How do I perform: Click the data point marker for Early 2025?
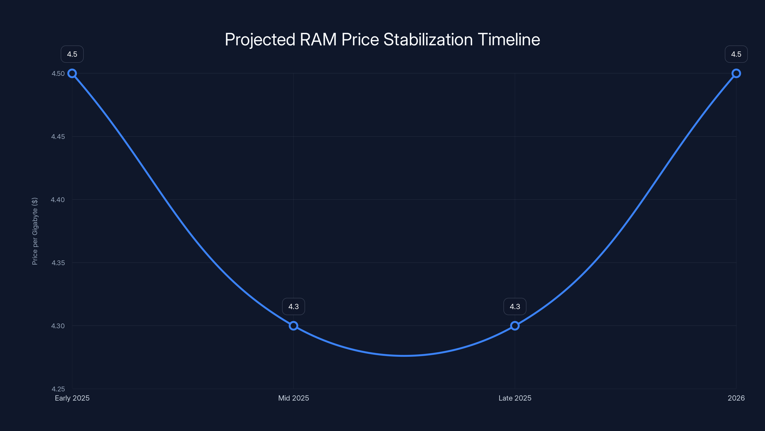72,74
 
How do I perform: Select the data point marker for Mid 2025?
293,326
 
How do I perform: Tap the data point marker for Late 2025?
515,326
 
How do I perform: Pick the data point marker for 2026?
736,74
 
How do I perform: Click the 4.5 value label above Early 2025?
72,54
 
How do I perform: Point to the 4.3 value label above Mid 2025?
293,307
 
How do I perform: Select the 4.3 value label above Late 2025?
515,307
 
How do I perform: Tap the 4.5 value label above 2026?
736,54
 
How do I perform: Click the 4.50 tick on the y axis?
58,74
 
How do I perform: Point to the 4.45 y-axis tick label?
58,136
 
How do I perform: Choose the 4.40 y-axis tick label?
58,200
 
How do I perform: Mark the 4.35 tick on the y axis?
58,263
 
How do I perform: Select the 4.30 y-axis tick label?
58,326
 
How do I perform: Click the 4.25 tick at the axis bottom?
58,389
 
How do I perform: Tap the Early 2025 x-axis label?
72,398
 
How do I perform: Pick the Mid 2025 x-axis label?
293,398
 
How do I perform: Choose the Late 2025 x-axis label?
515,398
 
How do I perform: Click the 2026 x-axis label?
736,398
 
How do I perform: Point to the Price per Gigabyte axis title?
35,231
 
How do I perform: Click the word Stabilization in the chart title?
428,40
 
